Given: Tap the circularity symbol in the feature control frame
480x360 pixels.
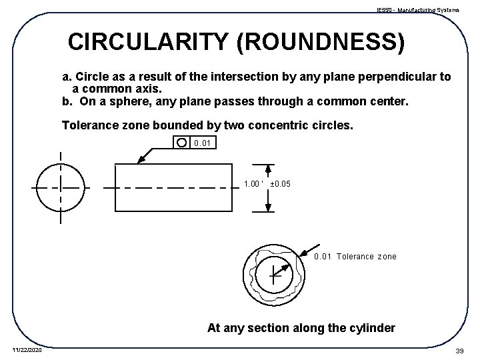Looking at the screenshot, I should point(181,142).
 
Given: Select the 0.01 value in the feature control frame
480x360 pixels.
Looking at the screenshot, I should point(201,143).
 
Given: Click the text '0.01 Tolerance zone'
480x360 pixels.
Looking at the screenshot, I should point(355,256).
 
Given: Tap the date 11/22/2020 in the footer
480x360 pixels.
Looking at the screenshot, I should point(27,349).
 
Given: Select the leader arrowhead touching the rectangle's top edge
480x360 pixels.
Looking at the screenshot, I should point(141,160).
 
